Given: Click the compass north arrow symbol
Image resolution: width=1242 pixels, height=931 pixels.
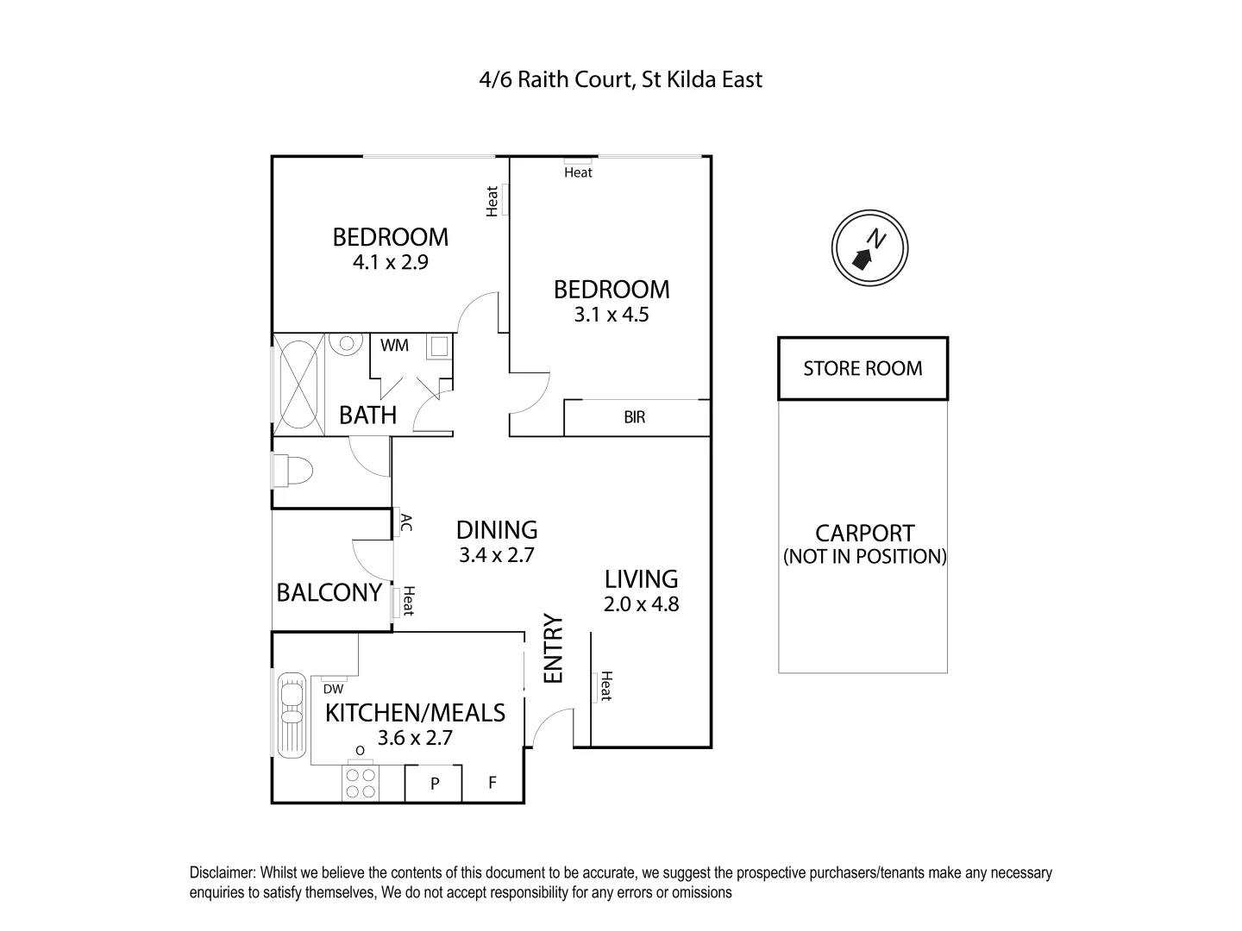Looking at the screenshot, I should tap(869, 247).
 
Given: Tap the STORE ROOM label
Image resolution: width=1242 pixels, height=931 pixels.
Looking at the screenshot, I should tap(862, 369).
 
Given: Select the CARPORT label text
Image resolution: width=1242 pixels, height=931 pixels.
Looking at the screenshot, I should tap(864, 534).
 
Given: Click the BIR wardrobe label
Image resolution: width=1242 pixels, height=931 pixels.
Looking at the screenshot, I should tap(634, 418).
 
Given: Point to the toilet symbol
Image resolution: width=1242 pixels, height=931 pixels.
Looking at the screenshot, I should tap(292, 472).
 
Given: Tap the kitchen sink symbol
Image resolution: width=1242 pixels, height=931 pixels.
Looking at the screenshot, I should tap(292, 715).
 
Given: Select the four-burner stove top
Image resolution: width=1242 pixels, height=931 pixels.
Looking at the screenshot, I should tap(360, 783).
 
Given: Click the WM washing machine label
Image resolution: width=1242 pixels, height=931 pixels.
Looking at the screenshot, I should tap(395, 346).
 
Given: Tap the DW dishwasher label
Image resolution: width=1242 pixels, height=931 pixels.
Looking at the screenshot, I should tap(333, 689).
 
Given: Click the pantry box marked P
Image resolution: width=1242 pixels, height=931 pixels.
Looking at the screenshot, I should tap(435, 784).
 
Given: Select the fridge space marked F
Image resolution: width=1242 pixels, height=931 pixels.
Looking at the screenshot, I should tap(492, 784).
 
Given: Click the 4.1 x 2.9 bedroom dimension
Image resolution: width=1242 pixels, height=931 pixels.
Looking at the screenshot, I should tap(391, 262).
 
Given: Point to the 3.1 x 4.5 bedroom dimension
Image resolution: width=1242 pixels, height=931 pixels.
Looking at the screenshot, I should tap(612, 315).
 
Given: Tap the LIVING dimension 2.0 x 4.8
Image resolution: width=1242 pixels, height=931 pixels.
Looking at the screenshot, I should tap(641, 604).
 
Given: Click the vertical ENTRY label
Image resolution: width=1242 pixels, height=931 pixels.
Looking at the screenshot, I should tap(552, 648).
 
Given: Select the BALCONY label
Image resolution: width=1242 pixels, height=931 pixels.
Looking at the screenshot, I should tap(329, 592).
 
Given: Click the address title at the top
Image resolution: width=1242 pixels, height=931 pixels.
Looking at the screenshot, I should tap(620, 80).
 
